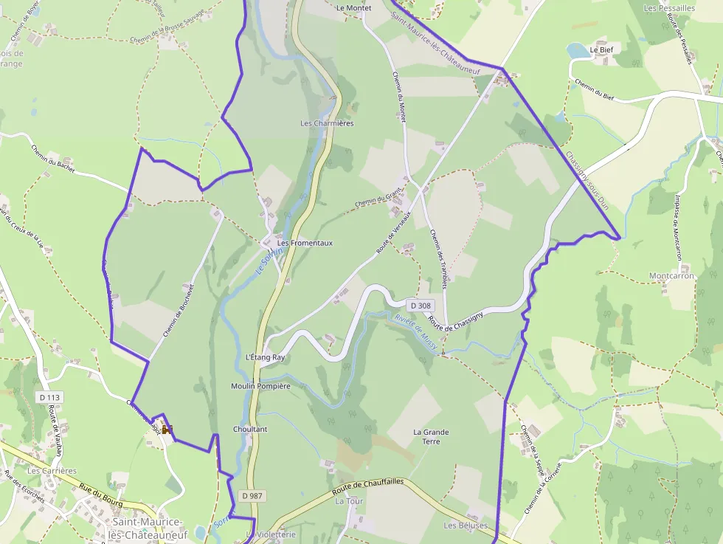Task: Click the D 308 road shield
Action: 419,305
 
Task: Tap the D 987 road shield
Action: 252,496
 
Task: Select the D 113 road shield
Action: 49,397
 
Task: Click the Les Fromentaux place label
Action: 305,242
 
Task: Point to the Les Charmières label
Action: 327,123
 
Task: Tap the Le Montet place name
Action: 353,7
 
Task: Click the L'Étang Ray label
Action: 265,357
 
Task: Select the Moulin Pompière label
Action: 260,386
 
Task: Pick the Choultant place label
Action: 250,429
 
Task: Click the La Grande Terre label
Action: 431,436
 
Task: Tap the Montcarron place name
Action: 671,276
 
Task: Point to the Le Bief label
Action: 601,49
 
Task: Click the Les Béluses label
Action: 466,526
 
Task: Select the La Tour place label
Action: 349,500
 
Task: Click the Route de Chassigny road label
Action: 455,321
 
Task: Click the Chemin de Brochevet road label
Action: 179,311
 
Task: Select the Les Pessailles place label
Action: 669,8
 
